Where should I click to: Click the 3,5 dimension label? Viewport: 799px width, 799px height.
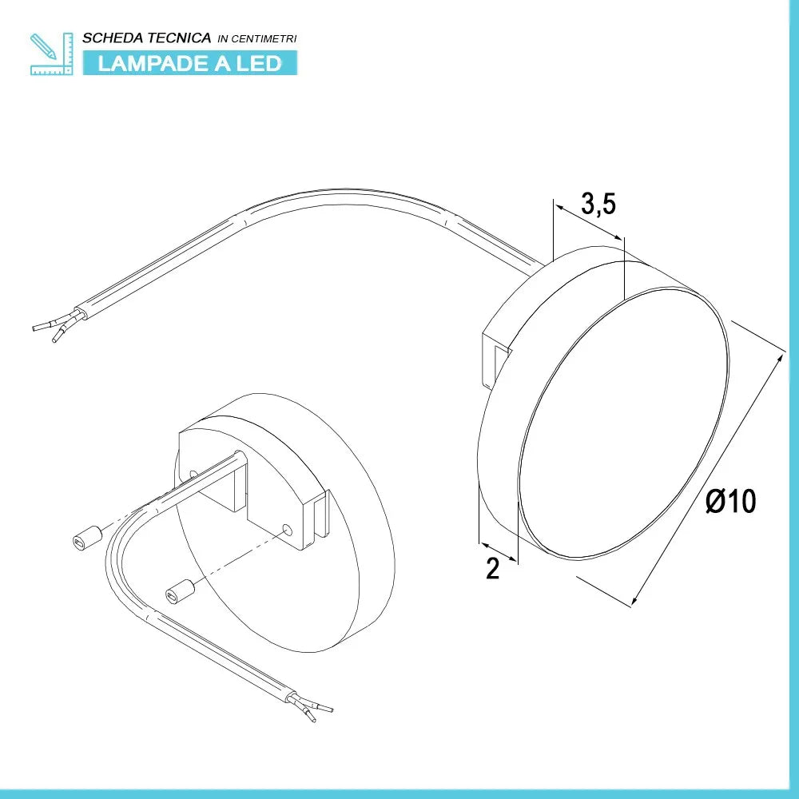point(598,205)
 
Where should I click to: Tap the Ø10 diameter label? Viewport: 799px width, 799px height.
point(731,501)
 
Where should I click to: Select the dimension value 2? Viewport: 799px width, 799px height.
point(493,568)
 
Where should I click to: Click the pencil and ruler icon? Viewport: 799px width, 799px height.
point(51,54)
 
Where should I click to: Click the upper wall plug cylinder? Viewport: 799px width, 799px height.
point(88,537)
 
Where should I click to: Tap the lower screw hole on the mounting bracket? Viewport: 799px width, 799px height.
point(288,531)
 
